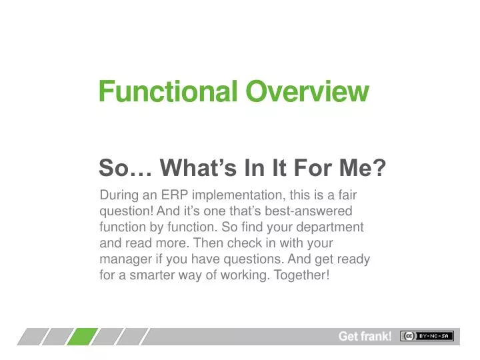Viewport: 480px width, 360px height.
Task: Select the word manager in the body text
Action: point(122,259)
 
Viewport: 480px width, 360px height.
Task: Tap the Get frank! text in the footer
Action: point(365,337)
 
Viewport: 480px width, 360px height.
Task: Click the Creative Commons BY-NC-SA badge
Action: point(426,336)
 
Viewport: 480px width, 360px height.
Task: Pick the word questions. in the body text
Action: point(239,259)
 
